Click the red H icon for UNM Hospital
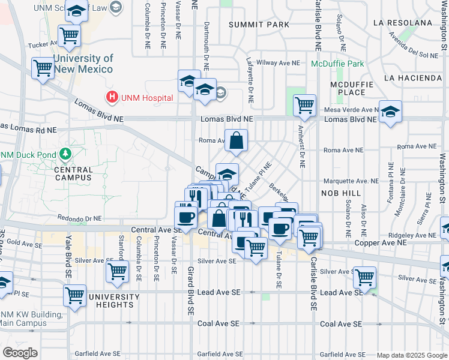pyautogui.click(x=112, y=97)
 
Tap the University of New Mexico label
pyautogui.click(x=83, y=64)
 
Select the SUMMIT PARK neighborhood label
pyautogui.click(x=259, y=25)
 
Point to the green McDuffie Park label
pyautogui.click(x=337, y=64)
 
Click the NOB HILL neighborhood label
pyautogui.click(x=342, y=193)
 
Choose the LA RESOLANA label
pyautogui.click(x=402, y=23)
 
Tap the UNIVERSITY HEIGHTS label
pyautogui.click(x=110, y=301)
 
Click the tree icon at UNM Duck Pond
pyautogui.click(x=64, y=156)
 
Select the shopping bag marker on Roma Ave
pyautogui.click(x=237, y=140)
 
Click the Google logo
pyautogui.click(x=20, y=353)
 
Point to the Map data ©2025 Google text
pyautogui.click(x=411, y=355)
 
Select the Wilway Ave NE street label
pyautogui.click(x=277, y=62)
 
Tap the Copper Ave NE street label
pyautogui.click(x=380, y=242)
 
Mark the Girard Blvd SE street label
pyautogui.click(x=190, y=291)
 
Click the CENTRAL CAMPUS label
pyautogui.click(x=73, y=173)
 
